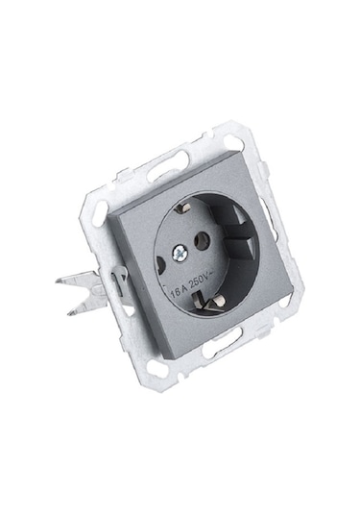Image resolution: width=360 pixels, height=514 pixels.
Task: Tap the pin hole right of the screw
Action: (x=202, y=240)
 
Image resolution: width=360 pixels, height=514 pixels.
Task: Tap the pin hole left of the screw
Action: (x=160, y=265)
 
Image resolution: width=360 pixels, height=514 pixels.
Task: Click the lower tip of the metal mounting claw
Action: (x=68, y=314)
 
